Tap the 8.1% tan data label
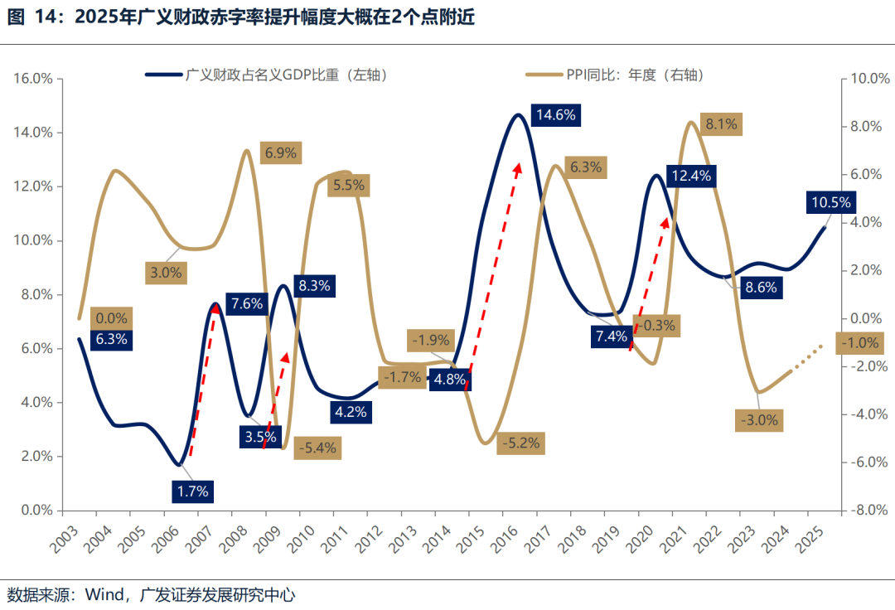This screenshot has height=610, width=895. (x=721, y=124)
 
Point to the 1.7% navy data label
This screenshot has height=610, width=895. (x=193, y=491)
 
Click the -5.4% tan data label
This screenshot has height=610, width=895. (x=318, y=448)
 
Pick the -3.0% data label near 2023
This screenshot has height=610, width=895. (x=759, y=420)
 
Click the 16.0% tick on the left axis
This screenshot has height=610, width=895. (x=33, y=79)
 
